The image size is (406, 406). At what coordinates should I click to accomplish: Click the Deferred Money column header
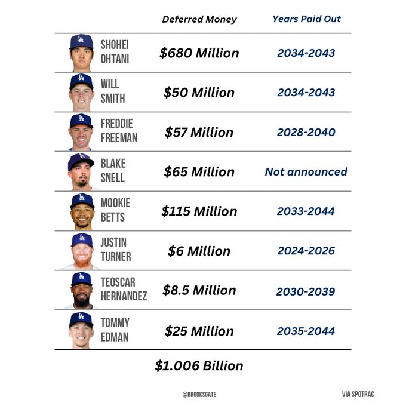pyautogui.click(x=199, y=19)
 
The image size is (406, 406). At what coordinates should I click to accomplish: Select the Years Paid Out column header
pyautogui.click(x=306, y=19)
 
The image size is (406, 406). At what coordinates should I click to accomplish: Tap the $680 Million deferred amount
pyautogui.click(x=199, y=53)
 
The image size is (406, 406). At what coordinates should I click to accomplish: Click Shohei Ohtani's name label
pyautogui.click(x=115, y=53)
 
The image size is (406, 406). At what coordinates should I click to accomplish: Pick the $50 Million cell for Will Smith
pyautogui.click(x=199, y=93)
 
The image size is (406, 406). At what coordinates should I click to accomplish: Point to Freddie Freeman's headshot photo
pyautogui.click(x=81, y=131)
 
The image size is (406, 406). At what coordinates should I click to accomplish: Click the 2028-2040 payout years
pyautogui.click(x=306, y=132)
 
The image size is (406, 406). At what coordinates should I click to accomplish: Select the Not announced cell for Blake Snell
pyautogui.click(x=306, y=171)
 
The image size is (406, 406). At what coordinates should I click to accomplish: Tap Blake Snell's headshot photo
pyautogui.click(x=81, y=171)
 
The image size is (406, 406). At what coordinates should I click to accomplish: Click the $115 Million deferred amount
pyautogui.click(x=199, y=211)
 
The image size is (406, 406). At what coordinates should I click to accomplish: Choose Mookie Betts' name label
pyautogui.click(x=115, y=211)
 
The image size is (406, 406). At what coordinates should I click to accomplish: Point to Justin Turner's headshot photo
pyautogui.click(x=81, y=251)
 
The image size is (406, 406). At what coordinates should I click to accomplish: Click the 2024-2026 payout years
pyautogui.click(x=306, y=251)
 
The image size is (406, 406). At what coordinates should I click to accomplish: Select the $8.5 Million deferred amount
pyautogui.click(x=199, y=290)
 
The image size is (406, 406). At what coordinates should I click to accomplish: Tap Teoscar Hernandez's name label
pyautogui.click(x=124, y=290)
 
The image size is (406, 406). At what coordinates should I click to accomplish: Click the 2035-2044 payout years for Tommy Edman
pyautogui.click(x=306, y=330)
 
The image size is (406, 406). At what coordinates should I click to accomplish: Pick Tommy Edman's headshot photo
pyautogui.click(x=81, y=330)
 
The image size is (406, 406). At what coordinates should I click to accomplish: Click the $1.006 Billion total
pyautogui.click(x=199, y=365)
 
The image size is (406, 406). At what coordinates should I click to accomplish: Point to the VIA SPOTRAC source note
pyautogui.click(x=358, y=394)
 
